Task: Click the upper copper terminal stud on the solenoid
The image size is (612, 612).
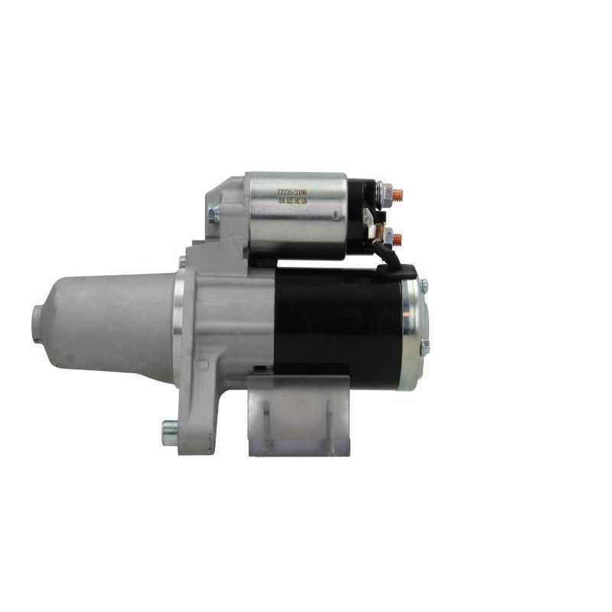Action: tap(397, 195)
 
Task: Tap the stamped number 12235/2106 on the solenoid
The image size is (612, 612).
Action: tap(292, 192)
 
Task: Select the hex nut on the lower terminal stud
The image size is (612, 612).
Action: tap(387, 239)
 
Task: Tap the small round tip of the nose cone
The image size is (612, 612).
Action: tap(37, 322)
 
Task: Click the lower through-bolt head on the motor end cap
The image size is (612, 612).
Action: tap(425, 346)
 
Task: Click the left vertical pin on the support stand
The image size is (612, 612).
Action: tap(266, 428)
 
